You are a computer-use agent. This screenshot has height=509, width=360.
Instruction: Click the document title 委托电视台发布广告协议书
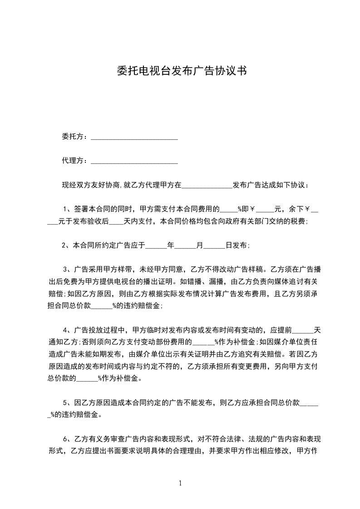180,71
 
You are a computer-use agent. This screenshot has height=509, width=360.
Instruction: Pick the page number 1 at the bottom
180,483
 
